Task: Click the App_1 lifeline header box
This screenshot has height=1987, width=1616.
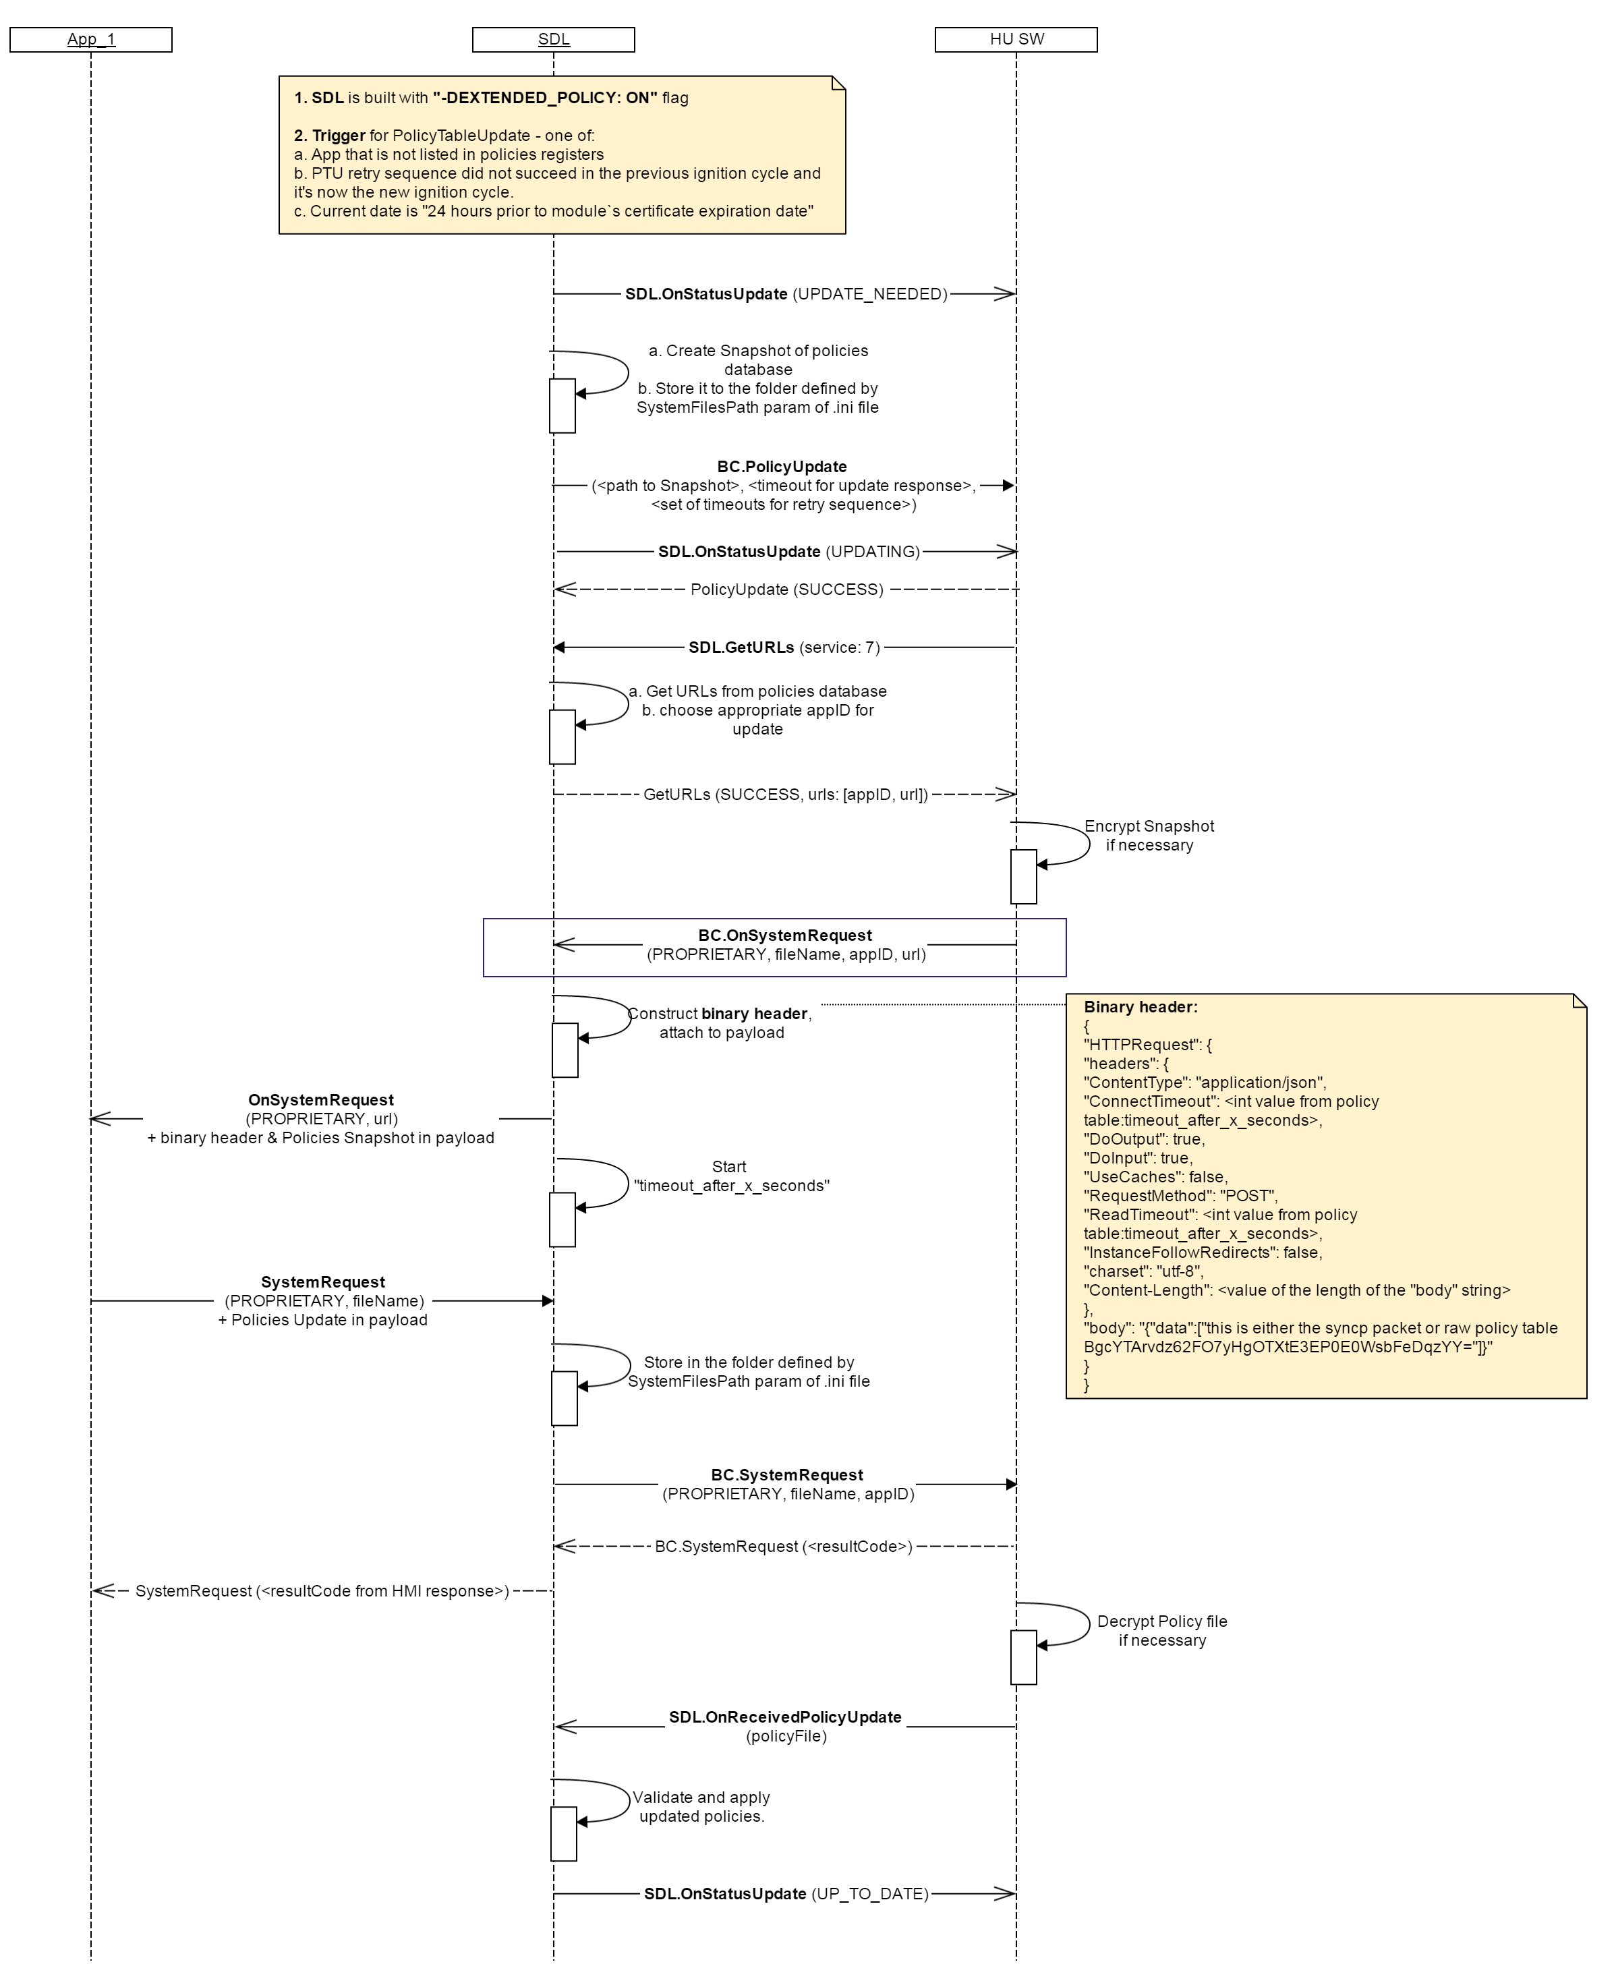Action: point(90,39)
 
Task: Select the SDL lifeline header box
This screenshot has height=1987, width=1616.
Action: point(553,39)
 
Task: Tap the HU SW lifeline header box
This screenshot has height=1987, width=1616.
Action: point(1016,39)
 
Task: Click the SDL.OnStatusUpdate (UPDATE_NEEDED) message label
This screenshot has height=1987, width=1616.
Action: point(786,294)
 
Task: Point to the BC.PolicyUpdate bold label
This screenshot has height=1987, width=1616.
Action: point(782,466)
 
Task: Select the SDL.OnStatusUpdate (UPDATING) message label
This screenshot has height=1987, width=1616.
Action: point(788,552)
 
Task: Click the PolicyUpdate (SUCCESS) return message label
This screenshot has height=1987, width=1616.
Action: point(786,589)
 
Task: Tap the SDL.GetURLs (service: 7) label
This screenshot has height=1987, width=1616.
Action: point(784,647)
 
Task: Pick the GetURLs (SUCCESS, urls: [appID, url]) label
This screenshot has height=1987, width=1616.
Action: point(786,795)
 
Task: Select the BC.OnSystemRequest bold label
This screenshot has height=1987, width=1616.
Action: point(784,935)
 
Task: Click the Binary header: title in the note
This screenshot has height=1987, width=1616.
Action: point(1141,1007)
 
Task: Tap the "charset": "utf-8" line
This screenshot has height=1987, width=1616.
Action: point(1143,1271)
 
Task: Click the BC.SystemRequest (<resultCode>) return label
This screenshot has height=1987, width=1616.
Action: point(783,1547)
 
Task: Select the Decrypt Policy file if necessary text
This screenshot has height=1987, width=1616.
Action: point(1161,1631)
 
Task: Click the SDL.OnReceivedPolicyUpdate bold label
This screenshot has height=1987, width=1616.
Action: point(784,1717)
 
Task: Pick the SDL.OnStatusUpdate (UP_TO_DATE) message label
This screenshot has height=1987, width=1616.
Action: point(786,1894)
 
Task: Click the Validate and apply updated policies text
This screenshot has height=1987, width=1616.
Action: point(701,1806)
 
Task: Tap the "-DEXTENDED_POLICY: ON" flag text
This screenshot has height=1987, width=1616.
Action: point(544,98)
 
